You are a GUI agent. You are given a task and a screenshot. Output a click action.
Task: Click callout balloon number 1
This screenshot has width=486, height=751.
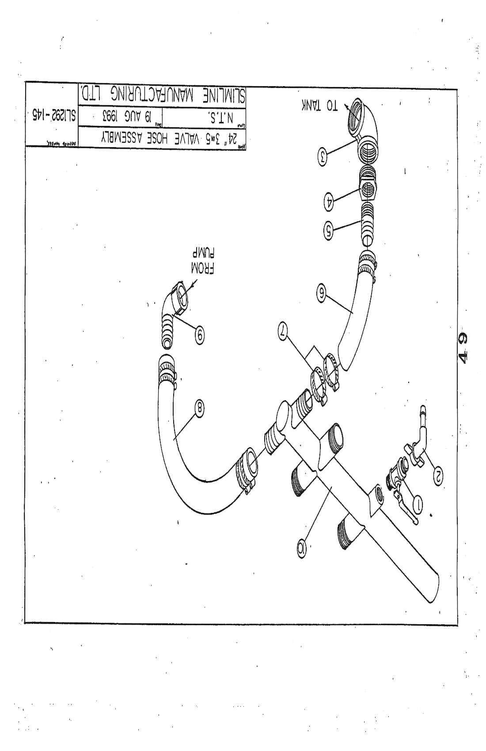[416, 501]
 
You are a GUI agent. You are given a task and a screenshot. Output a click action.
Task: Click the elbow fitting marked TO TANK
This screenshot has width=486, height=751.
[362, 128]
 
